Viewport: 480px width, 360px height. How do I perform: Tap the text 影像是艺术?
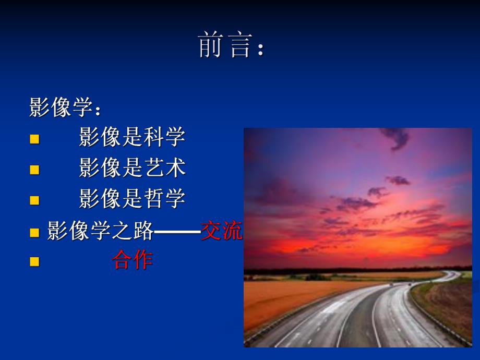(132, 168)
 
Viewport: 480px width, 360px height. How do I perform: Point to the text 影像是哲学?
(132, 199)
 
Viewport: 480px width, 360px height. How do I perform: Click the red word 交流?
(222, 230)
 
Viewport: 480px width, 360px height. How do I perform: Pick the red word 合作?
(133, 260)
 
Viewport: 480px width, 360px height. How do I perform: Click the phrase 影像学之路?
(100, 230)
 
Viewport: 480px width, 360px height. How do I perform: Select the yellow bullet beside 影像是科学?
(34, 139)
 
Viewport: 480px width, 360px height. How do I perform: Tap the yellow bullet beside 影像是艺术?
(34, 170)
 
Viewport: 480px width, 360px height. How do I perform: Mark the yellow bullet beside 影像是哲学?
(34, 200)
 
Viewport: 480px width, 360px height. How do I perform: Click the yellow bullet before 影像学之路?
(34, 232)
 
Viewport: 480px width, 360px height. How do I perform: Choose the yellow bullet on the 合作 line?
(34, 261)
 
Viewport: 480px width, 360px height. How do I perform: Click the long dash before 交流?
(177, 231)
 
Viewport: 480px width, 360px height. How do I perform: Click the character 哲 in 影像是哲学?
(153, 199)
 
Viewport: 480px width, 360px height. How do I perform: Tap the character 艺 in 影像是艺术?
(153, 168)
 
